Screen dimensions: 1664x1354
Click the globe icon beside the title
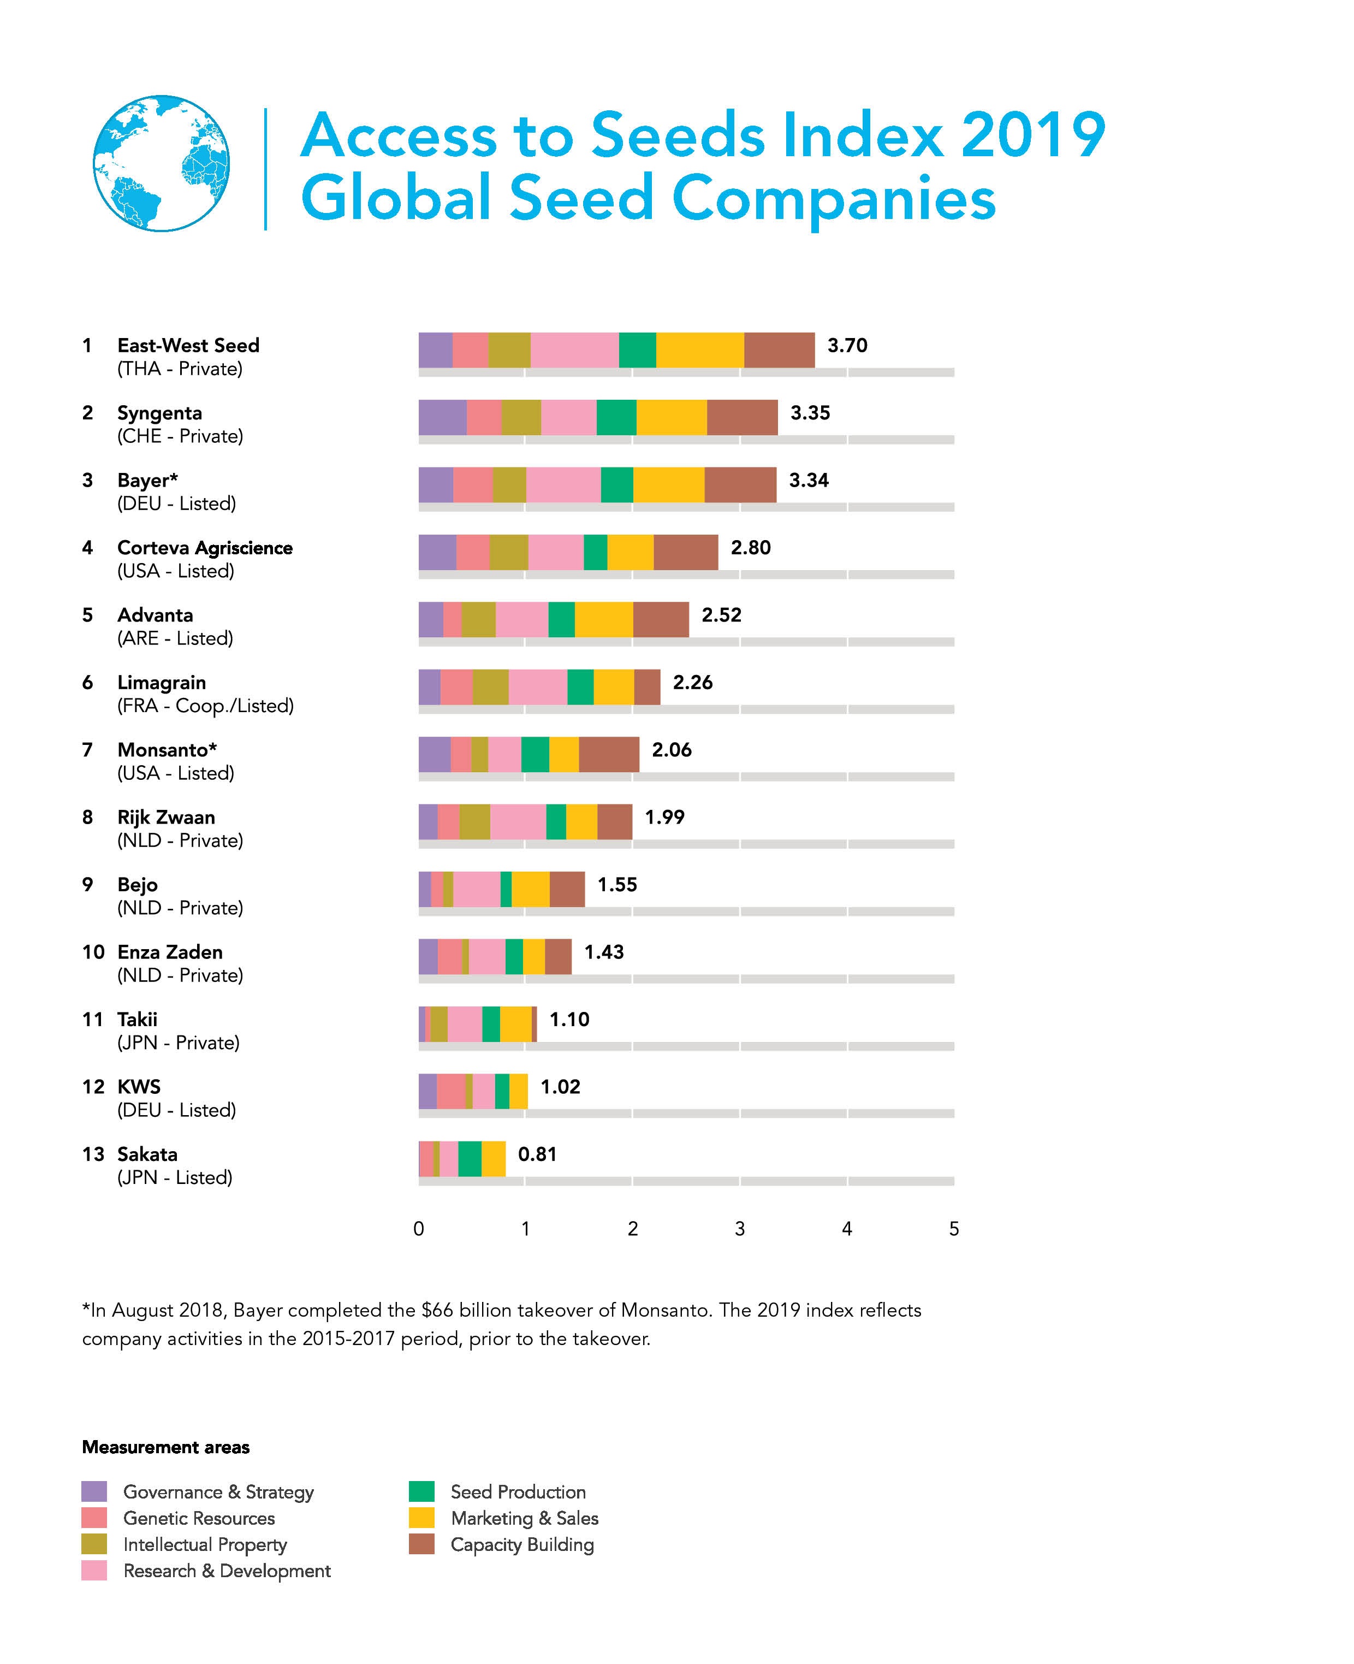click(162, 164)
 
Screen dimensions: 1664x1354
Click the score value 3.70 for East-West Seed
click(847, 346)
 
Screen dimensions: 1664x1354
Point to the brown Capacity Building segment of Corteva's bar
click(686, 552)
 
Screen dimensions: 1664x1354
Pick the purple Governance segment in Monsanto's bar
click(435, 754)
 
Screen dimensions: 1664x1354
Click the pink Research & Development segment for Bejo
click(477, 889)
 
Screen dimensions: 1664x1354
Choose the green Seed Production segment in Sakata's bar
click(470, 1158)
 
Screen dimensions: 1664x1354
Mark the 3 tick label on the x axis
click(739, 1229)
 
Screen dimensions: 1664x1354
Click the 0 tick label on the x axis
click(419, 1229)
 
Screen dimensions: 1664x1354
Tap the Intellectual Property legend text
click(205, 1544)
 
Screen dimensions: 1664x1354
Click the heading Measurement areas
click(165, 1447)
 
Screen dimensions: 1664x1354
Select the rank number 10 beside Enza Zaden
click(93, 952)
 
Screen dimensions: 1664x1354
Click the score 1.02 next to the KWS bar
click(560, 1087)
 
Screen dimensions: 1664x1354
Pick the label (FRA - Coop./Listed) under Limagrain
click(205, 706)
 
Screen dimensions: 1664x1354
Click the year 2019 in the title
click(1032, 135)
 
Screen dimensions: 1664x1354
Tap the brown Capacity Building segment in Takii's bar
click(535, 1025)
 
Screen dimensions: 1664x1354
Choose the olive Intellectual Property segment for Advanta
click(478, 619)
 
